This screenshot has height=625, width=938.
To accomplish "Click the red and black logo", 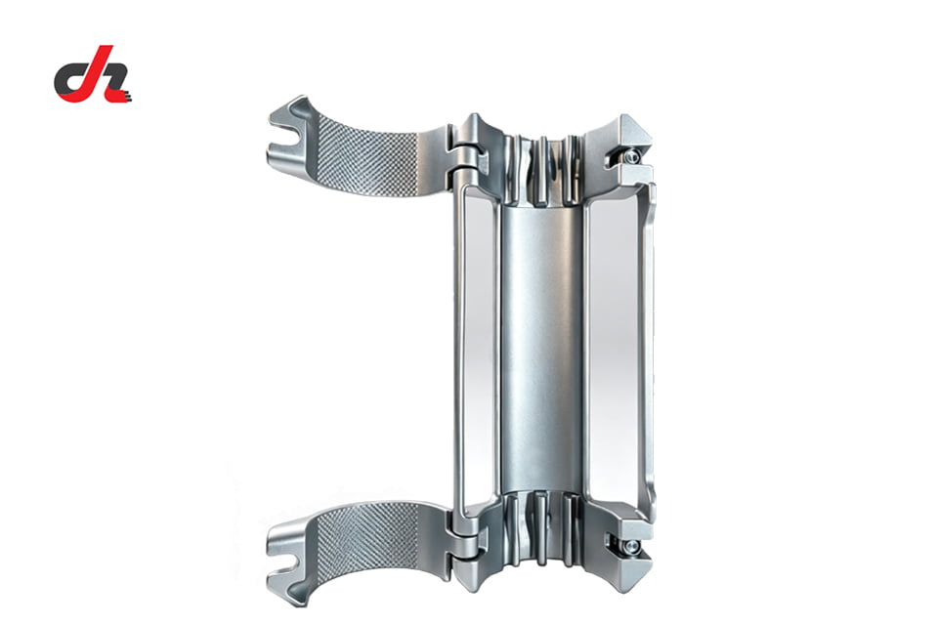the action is (93, 74).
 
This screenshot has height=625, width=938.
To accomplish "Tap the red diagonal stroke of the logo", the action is (95, 71).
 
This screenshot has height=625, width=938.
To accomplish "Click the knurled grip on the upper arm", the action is (367, 154).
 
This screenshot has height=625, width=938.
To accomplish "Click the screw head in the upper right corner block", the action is (630, 156).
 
